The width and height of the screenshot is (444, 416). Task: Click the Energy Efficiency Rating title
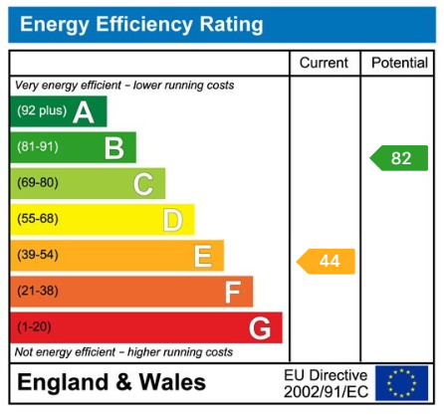(141, 25)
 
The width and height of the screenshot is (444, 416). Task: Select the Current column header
(325, 63)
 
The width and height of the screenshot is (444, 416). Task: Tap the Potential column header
(399, 63)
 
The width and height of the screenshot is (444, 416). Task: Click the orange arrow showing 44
(327, 262)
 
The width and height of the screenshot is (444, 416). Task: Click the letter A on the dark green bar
(84, 112)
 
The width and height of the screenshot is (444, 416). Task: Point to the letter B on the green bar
(114, 148)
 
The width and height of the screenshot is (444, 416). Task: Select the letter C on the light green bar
(143, 184)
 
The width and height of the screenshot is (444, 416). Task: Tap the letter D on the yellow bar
(172, 220)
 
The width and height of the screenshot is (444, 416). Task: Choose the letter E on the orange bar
(202, 257)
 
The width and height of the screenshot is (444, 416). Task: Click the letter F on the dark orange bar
(232, 293)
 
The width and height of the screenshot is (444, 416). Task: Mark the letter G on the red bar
(260, 328)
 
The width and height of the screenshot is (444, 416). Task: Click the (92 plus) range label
(39, 111)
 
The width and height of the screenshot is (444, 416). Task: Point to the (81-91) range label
(36, 147)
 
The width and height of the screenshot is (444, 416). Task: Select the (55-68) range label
(36, 219)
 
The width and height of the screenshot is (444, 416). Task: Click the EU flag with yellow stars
(401, 382)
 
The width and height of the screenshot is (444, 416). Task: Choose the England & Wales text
(111, 382)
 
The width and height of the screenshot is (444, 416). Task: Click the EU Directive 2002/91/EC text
(325, 382)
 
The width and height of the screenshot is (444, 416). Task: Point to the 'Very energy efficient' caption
(124, 86)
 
